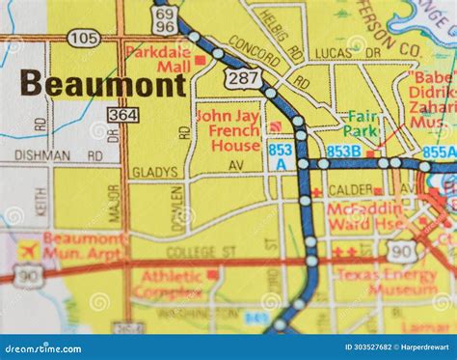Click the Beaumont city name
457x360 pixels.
point(102,84)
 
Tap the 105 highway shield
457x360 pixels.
point(84,38)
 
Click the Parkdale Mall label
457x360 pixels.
point(160,59)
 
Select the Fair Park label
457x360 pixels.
point(363,125)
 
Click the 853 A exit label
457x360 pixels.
point(281,156)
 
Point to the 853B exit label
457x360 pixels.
point(343,151)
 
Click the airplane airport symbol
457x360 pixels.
point(27,248)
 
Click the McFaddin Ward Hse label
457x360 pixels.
point(368,217)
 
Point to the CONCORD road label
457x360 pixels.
point(255,46)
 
